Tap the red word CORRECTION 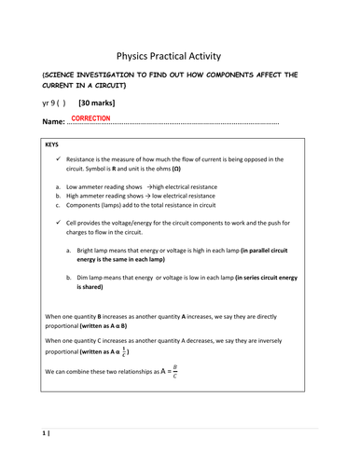(90, 118)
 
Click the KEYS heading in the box (53, 146)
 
